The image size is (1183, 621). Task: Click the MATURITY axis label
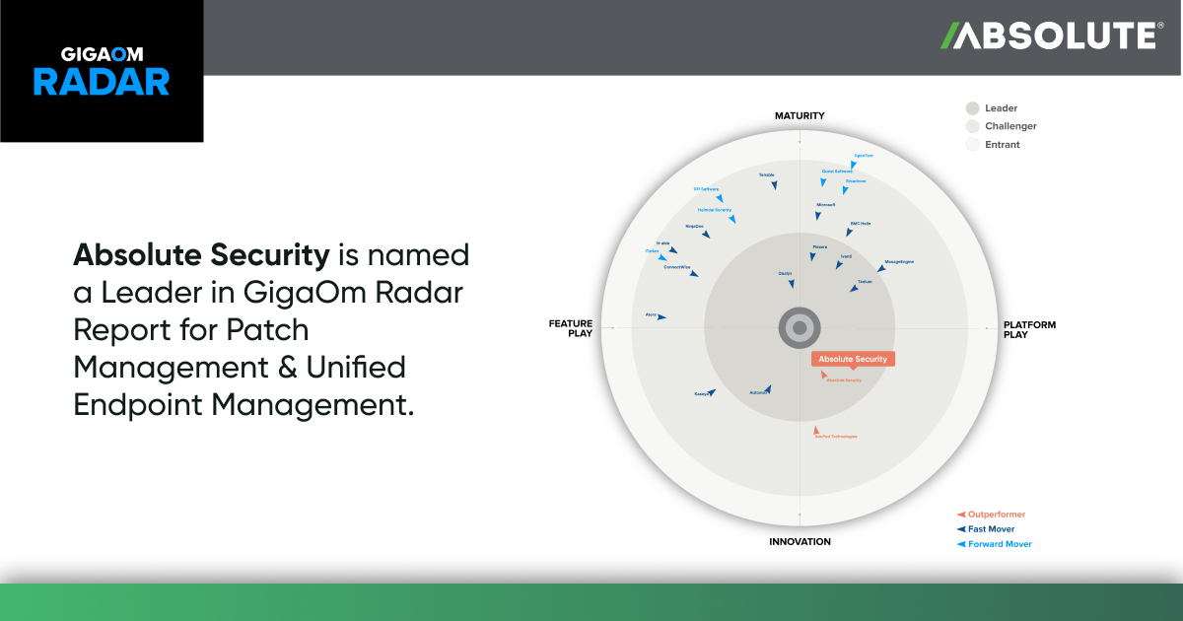tap(799, 116)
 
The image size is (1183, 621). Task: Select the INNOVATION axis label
tap(800, 541)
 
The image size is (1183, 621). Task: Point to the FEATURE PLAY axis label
tap(571, 328)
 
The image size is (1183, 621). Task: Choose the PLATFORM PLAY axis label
tap(1029, 329)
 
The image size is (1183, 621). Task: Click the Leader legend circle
tap(973, 108)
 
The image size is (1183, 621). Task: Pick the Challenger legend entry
tap(1010, 126)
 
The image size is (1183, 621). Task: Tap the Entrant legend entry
tap(1002, 145)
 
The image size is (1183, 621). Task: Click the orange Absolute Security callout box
tap(853, 359)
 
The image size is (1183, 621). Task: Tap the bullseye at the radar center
tap(800, 327)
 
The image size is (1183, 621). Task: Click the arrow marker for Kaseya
tap(711, 392)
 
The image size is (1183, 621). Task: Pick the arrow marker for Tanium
tap(855, 288)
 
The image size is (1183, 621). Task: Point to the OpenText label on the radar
tap(864, 156)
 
